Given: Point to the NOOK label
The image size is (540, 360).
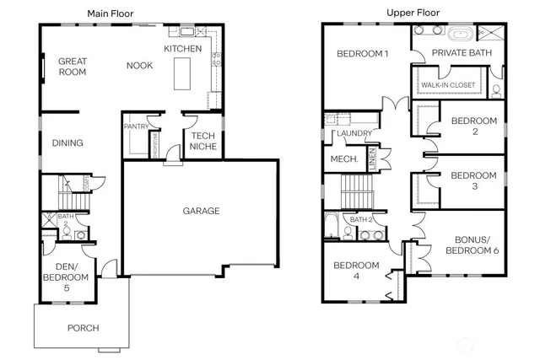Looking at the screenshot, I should [139, 66].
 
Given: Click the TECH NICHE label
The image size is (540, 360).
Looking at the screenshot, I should [202, 141].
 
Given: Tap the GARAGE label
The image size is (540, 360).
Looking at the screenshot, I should [200, 211].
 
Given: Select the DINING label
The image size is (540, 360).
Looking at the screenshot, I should [67, 143].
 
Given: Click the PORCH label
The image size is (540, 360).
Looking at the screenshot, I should [82, 328].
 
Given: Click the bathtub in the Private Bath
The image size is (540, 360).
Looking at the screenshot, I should [461, 35].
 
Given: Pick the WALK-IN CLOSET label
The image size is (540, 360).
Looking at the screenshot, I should [448, 85].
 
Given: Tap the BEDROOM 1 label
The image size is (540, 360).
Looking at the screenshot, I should [362, 55].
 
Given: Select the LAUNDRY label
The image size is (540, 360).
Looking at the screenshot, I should [353, 134].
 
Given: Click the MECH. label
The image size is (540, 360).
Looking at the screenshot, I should [344, 159].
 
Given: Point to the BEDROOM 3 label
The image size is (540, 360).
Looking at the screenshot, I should [473, 180].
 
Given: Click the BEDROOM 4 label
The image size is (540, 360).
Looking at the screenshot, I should [356, 271].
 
